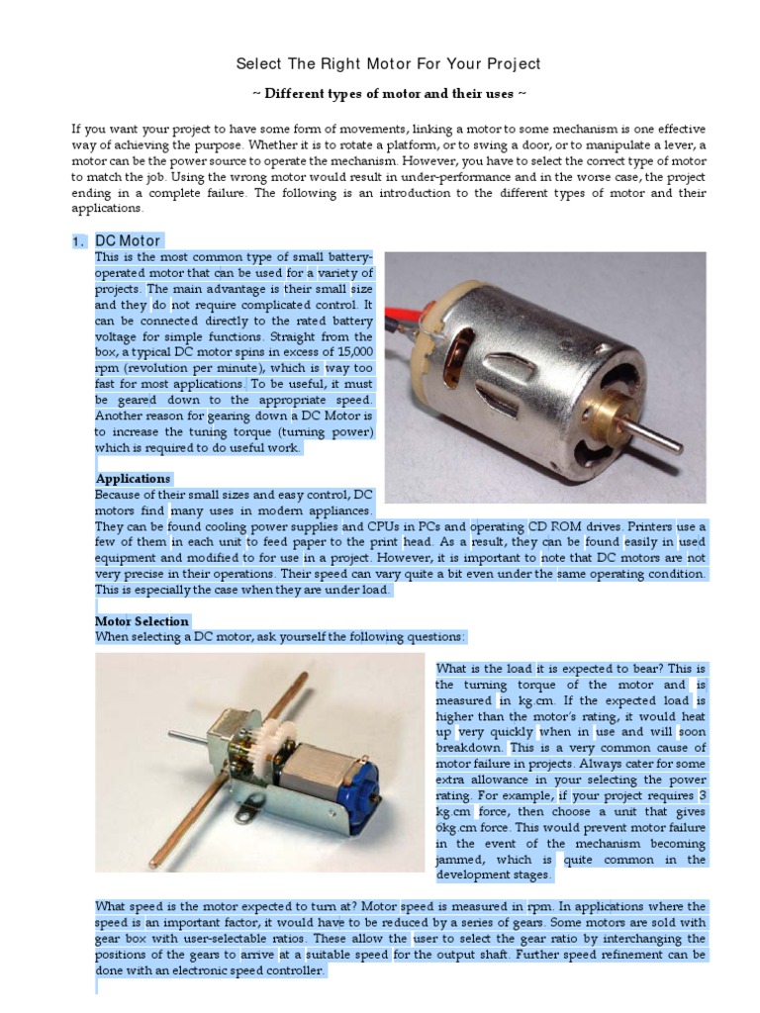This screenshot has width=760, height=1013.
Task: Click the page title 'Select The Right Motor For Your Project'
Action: (x=388, y=64)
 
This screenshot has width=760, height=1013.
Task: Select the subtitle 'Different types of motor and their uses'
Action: (x=388, y=94)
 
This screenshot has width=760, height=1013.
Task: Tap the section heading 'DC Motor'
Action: (x=128, y=241)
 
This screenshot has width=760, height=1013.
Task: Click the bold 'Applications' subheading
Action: (x=133, y=479)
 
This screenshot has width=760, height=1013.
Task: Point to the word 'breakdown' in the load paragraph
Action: (x=470, y=749)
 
